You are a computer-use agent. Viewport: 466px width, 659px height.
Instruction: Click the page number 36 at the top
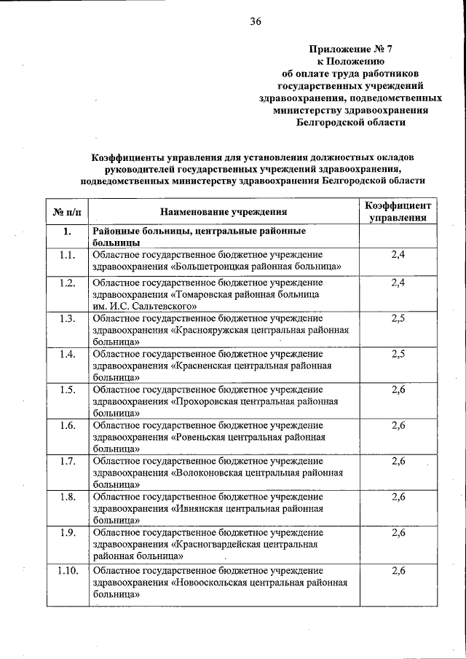click(x=255, y=21)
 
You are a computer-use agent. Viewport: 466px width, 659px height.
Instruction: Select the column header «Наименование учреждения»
click(x=224, y=212)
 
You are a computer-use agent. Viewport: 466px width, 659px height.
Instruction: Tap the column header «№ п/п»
click(x=67, y=212)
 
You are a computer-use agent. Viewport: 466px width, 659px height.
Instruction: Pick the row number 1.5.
click(x=68, y=390)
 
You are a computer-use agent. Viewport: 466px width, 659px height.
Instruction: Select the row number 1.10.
click(x=68, y=569)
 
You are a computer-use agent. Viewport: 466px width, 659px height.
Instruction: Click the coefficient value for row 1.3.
click(x=398, y=318)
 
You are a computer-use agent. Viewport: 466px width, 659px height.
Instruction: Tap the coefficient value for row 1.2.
click(x=398, y=282)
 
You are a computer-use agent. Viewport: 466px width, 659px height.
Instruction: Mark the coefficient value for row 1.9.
click(x=398, y=533)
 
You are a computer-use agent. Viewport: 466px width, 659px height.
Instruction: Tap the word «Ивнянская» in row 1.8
click(x=200, y=508)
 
